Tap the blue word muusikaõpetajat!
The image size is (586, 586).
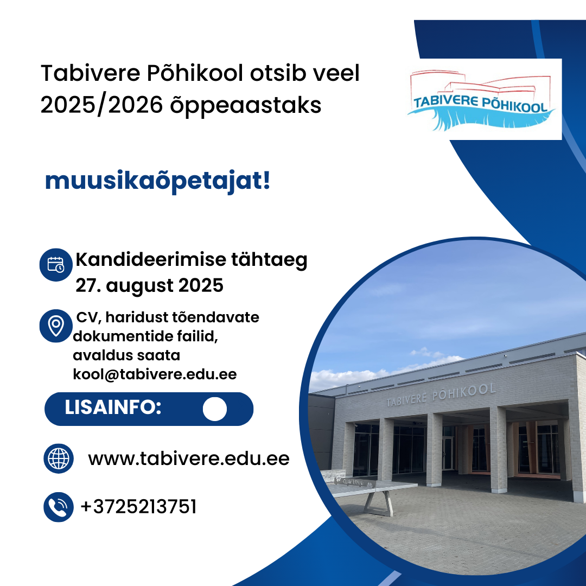[157, 181]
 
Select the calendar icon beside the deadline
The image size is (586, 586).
[56, 265]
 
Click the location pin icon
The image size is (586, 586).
[56, 326]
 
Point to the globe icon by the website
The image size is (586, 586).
[59, 458]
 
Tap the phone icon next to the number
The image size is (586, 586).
[59, 507]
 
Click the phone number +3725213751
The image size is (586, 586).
[139, 507]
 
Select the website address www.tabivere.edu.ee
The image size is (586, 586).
[189, 458]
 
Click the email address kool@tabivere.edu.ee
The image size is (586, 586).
[155, 374]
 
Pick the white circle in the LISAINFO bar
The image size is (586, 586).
[215, 409]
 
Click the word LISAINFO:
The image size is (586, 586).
[113, 407]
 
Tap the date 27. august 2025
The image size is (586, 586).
[150, 286]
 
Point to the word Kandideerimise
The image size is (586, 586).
[151, 259]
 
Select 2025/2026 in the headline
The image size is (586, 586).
[101, 105]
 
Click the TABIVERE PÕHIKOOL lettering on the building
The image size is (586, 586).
[441, 395]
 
